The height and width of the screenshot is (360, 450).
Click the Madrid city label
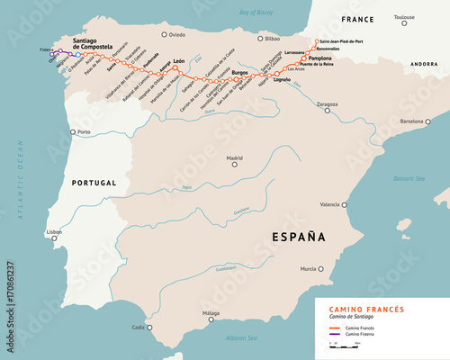click(234, 157)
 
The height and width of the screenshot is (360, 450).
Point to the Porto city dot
click(72, 132)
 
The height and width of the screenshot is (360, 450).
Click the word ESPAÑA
click(295, 238)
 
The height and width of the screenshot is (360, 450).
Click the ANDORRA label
click(422, 65)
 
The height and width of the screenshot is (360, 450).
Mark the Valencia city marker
click(346, 205)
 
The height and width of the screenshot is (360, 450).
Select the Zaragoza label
click(327, 103)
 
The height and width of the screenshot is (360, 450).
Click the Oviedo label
click(176, 34)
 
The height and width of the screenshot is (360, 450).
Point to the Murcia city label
click(308, 268)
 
